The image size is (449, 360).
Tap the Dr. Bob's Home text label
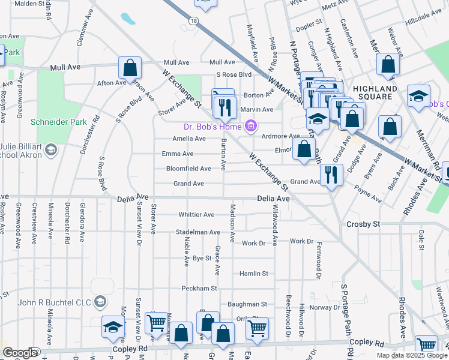(x=212, y=126)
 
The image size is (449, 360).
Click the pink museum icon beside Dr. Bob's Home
(x=251, y=126)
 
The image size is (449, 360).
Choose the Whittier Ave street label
(x=196, y=215)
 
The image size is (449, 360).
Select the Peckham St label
(x=199, y=289)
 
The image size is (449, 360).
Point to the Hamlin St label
(x=253, y=274)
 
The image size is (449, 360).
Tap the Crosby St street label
(x=364, y=224)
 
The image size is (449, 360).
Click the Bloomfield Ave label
(x=188, y=169)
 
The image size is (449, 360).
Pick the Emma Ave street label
(x=178, y=154)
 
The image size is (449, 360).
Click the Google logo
(x=20, y=353)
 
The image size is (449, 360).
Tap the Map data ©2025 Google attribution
(x=412, y=355)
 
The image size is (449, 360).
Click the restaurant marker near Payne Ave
(x=331, y=175)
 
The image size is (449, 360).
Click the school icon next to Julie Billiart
(x=51, y=149)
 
